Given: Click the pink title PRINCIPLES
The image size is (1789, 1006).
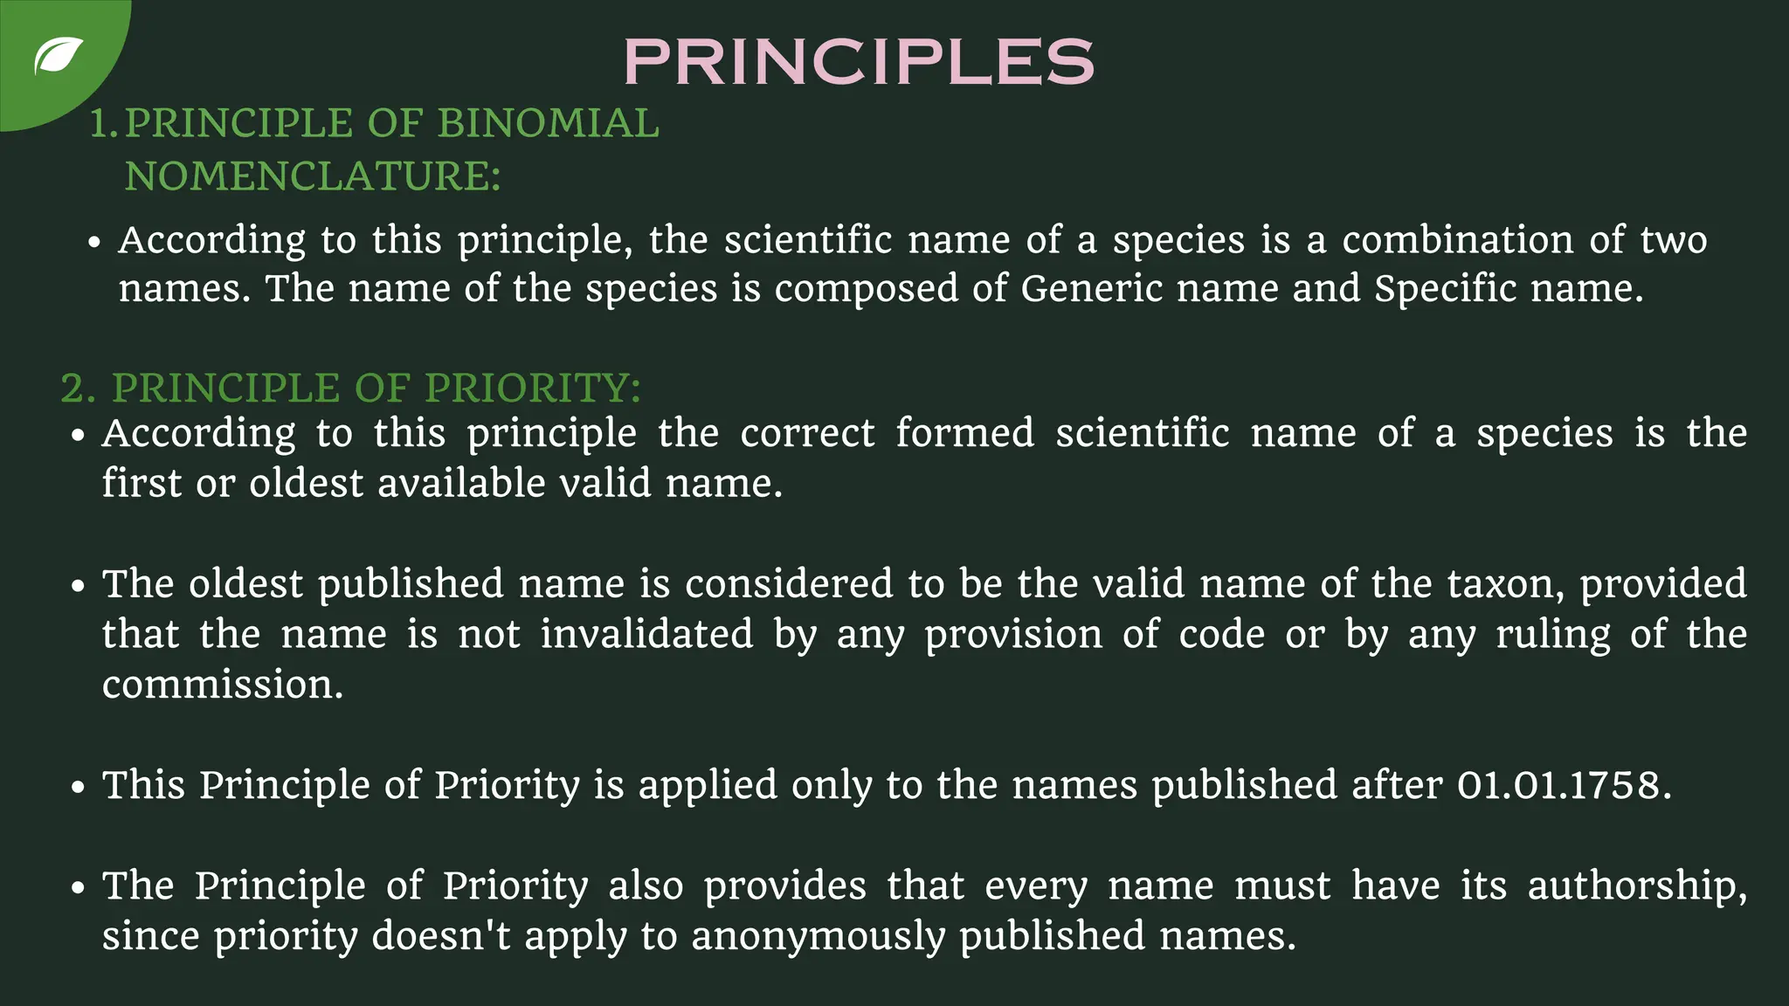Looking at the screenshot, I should pos(859,61).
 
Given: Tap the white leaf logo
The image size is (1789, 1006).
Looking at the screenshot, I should pos(59,57).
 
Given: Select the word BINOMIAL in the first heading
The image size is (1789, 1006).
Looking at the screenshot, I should pos(548,123).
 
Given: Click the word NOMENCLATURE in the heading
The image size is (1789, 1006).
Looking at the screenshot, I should pos(312,176).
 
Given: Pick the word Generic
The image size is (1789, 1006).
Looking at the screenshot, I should pos(1091,288).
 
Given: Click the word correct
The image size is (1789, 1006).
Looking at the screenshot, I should pos(807,433).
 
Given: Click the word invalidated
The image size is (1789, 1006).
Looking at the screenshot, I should pos(646,634).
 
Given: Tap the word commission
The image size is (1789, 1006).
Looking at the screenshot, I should pos(222,685).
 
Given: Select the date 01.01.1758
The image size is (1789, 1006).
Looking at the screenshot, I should pos(1563,785).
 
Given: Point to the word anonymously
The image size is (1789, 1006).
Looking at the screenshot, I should pos(819,936).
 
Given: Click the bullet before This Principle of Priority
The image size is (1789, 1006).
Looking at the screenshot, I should pos(79,787).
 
